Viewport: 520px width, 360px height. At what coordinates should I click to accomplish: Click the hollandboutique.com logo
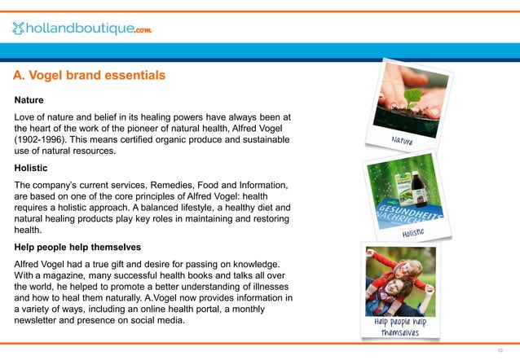coord(82,29)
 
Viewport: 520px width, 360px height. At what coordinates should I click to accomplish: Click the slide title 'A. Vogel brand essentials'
coord(89,76)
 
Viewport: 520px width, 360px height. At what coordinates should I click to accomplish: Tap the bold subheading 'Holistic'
coord(31,168)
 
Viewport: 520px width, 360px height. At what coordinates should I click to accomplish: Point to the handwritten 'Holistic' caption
coord(414,234)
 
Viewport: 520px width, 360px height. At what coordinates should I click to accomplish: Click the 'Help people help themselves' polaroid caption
coord(400,327)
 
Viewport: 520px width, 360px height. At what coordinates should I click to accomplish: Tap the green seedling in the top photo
coord(414,99)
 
